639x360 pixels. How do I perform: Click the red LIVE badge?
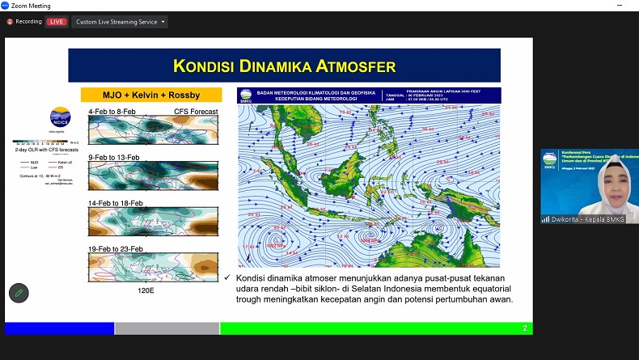click(57, 22)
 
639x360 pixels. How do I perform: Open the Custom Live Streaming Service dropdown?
click(120, 22)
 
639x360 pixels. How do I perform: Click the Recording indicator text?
click(28, 22)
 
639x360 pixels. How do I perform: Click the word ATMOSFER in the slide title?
click(349, 66)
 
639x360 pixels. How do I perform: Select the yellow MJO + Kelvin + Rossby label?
click(139, 95)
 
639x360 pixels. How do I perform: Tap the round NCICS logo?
click(60, 117)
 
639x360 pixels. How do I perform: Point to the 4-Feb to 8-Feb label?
click(114, 111)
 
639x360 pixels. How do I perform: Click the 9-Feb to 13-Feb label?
click(114, 157)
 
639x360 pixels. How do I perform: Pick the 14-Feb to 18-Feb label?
click(116, 202)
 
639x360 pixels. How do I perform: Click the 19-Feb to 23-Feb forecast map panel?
click(153, 266)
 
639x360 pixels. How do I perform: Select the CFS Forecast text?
click(196, 111)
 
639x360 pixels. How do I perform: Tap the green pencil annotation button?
click(19, 293)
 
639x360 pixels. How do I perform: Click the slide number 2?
click(524, 328)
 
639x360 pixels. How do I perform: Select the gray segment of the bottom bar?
click(167, 328)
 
